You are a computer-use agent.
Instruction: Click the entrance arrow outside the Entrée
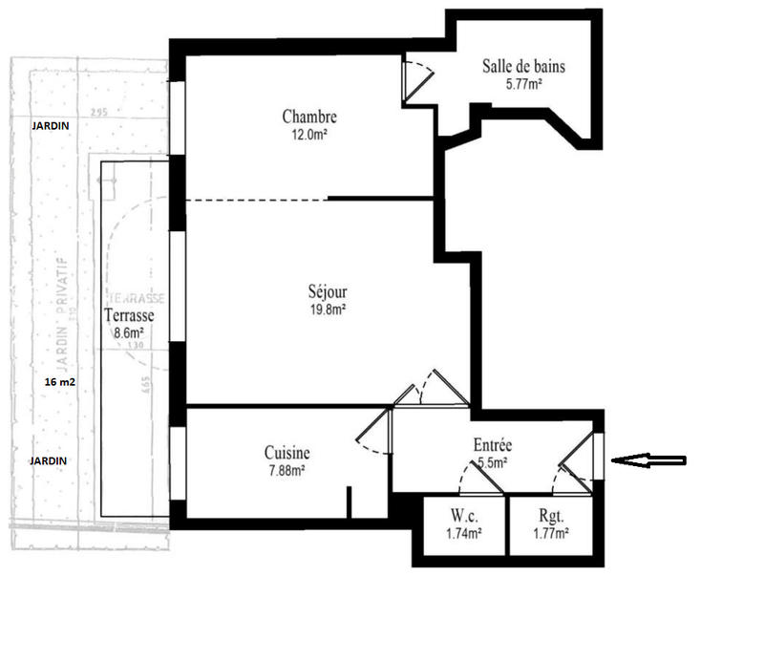(x=648, y=460)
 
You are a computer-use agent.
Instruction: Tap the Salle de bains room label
(x=522, y=67)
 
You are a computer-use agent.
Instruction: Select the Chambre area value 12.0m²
(x=309, y=135)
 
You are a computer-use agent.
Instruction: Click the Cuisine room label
(x=286, y=453)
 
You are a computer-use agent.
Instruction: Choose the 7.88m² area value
(x=286, y=470)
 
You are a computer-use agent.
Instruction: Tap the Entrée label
(x=493, y=445)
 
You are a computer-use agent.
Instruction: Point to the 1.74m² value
(x=463, y=534)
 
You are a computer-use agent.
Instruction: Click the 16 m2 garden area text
(x=60, y=381)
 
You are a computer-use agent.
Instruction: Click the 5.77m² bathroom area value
(x=522, y=84)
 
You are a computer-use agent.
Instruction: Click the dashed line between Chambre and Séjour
(x=256, y=200)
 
